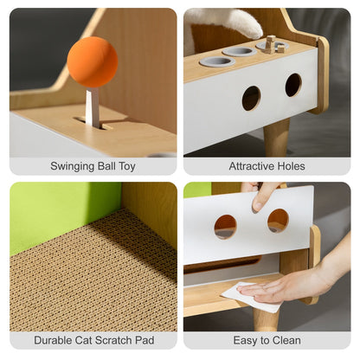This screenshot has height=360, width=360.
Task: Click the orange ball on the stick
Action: point(93,61)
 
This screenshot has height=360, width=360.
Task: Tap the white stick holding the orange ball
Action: point(93,106)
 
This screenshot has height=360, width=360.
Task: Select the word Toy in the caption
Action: point(127,166)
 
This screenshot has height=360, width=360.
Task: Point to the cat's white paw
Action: point(245,23)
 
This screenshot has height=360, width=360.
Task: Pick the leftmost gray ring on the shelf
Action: point(216,61)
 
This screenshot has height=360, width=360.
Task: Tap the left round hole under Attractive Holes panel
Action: point(251,98)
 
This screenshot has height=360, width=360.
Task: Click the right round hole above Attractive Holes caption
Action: point(293,85)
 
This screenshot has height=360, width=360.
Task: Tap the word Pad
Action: point(145,340)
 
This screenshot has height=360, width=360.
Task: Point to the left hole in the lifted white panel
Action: point(225,227)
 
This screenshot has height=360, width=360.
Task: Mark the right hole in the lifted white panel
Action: point(278,221)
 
